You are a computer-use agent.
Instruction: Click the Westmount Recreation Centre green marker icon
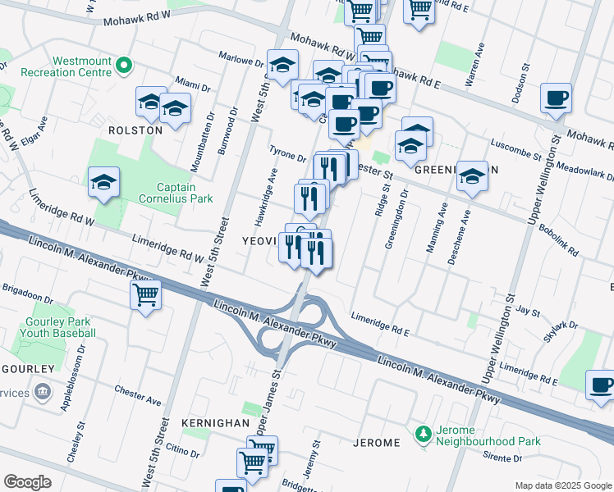[x=124, y=65]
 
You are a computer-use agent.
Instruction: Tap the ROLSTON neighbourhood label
[x=135, y=130]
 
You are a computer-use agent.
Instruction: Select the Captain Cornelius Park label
[x=174, y=192]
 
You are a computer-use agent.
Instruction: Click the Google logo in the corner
[x=27, y=482]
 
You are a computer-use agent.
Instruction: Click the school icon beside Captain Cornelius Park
[x=104, y=183]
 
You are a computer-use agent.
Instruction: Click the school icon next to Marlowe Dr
[x=282, y=66]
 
